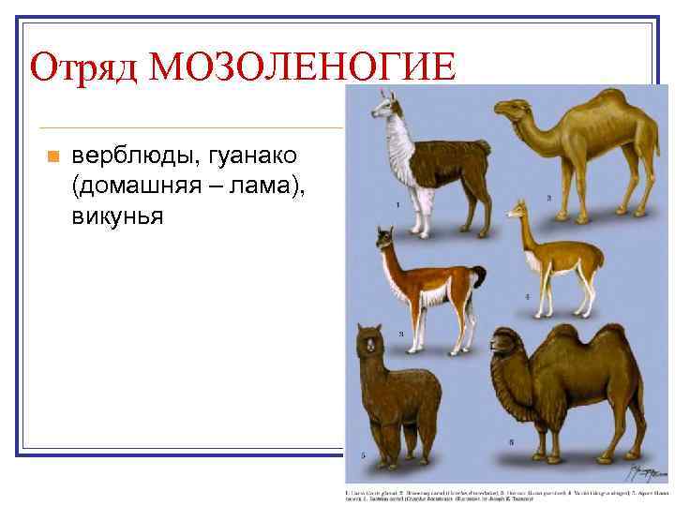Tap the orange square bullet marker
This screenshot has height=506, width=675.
(x=52, y=156)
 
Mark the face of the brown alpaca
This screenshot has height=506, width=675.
(x=369, y=346)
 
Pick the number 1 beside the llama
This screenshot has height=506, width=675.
(x=398, y=203)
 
